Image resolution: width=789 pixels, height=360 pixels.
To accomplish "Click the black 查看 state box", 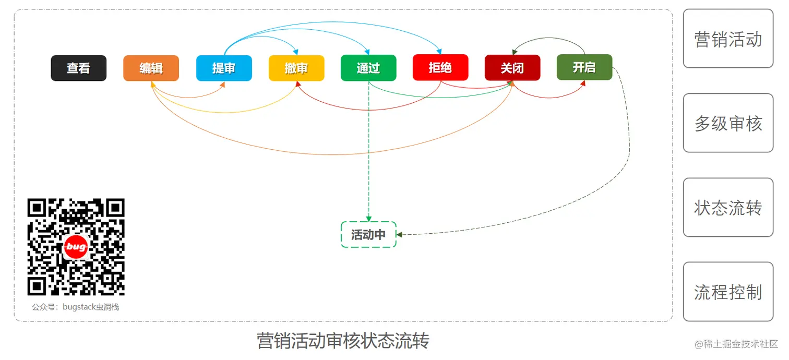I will pos(78,68).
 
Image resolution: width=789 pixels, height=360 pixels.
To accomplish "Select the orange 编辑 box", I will pos(151,68).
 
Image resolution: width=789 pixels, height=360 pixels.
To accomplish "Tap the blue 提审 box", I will pos(224,68).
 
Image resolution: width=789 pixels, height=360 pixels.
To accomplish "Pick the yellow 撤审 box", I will pos(296,68).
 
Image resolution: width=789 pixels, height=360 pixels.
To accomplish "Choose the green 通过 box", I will pos(368,68).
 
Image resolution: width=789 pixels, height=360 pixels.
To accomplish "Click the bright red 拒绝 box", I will pos(440,68).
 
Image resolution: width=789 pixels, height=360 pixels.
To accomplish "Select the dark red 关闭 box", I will pos(512,68).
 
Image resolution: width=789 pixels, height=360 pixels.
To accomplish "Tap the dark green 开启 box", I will pos(584,67).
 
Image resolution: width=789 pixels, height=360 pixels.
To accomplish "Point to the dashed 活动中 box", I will pos(368,235).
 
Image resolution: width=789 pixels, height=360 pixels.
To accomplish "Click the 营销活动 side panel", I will pos(728,39).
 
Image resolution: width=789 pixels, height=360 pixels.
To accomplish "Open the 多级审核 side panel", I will pos(728,123).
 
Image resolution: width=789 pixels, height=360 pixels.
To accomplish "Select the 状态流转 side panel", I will pos(728,208).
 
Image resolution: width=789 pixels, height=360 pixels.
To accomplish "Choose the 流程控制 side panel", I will pos(728,292).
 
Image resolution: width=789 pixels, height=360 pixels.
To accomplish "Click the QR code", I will pos(76,247).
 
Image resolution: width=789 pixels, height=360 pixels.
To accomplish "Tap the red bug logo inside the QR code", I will pos(76,247).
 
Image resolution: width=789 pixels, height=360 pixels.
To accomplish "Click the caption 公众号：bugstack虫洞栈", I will pos(76,307).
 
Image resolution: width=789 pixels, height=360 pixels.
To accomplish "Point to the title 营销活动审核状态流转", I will pos(343,341).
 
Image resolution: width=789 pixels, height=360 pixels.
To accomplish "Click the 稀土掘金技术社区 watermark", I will pos(736,344).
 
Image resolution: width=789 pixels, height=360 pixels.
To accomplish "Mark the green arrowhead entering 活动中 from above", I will pos(368,219).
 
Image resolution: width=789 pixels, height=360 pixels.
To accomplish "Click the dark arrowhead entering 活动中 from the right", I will pos(400,235).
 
